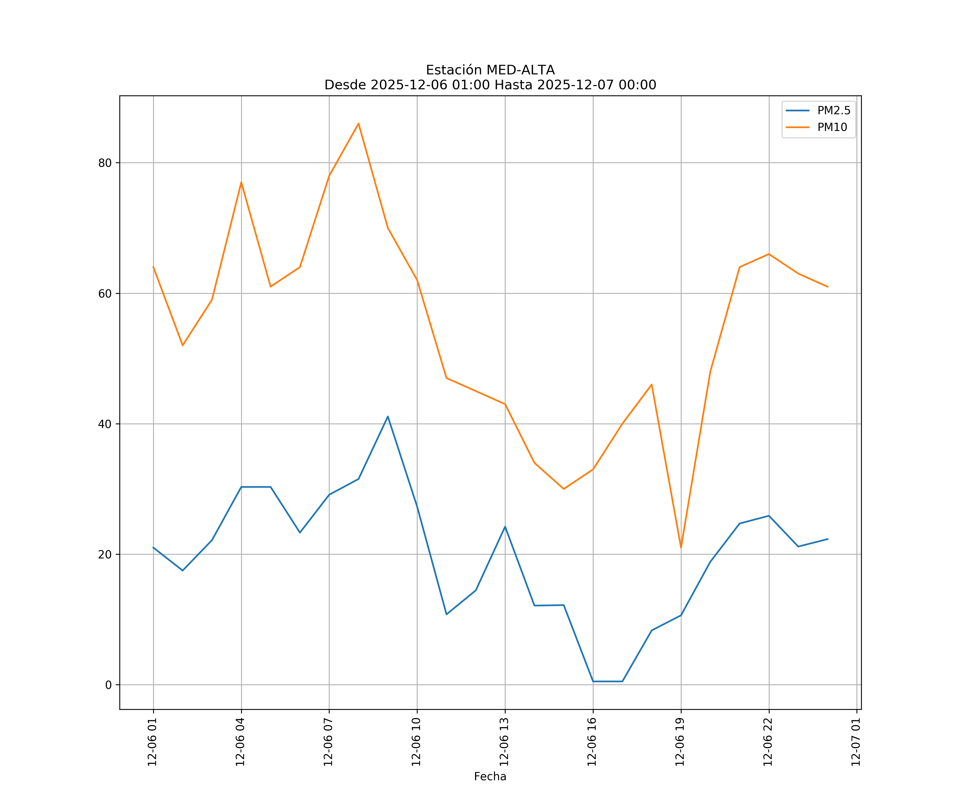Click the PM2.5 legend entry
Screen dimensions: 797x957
(833, 111)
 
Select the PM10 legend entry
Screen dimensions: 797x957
(832, 128)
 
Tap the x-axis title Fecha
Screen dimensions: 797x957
(490, 777)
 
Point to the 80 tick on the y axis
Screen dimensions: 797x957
(105, 163)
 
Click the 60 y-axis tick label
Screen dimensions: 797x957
(105, 294)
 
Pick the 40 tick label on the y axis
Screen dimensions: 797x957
(105, 424)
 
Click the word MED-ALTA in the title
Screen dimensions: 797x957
(521, 70)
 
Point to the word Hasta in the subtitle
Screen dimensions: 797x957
(513, 85)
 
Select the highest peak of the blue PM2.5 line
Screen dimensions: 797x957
(388, 416)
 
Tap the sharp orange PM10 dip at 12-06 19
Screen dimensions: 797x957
(681, 548)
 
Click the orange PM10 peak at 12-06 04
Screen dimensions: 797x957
(241, 182)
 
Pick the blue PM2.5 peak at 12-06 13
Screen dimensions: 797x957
(505, 527)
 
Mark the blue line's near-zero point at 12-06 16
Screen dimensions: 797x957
(593, 681)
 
